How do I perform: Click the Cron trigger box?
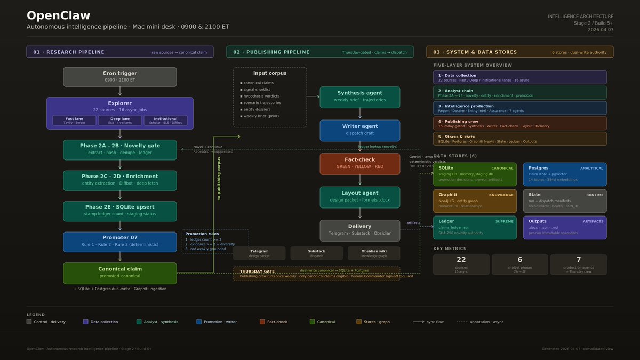click(119, 77)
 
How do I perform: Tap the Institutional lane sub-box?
click(165, 121)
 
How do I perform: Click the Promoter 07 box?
click(119, 242)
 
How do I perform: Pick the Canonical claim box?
click(119, 273)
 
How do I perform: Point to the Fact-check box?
click(359, 163)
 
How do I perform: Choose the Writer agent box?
click(359, 130)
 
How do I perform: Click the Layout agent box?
click(359, 197)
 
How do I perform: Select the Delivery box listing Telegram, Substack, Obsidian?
click(359, 230)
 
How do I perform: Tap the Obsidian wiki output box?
click(374, 253)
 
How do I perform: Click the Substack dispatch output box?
click(317, 253)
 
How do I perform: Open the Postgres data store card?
click(564, 174)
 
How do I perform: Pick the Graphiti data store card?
click(475, 201)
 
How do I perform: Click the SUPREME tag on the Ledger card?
click(504, 221)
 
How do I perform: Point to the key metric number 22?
click(461, 260)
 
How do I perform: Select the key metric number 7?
click(578, 260)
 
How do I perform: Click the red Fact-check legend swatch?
click(262, 322)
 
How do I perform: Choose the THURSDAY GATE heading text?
click(257, 271)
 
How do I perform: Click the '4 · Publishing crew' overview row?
click(519, 123)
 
